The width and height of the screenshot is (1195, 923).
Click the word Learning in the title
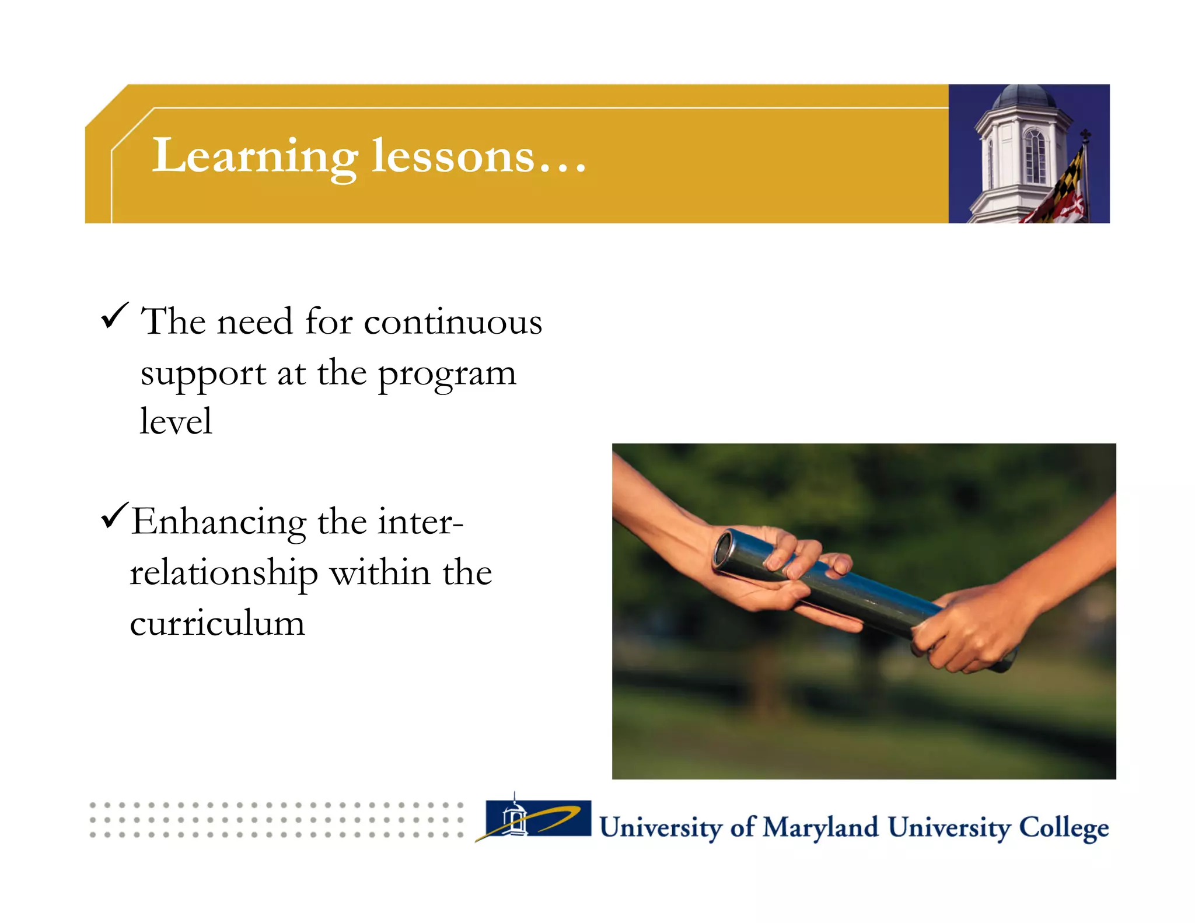[x=254, y=156]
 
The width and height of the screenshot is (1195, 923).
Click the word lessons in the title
[x=453, y=156]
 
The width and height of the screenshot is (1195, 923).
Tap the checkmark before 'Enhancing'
[x=114, y=515]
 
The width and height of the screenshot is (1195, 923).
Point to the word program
[x=447, y=374]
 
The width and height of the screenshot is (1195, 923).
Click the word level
[x=176, y=421]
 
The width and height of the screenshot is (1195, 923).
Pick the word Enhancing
[x=219, y=522]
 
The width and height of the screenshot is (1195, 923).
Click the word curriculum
[x=217, y=623]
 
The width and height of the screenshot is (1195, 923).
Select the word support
[x=203, y=374]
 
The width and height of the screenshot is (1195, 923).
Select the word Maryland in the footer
[x=820, y=827]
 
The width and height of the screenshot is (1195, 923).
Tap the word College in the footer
[x=1063, y=827]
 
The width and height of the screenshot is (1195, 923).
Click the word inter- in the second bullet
[x=420, y=522]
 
